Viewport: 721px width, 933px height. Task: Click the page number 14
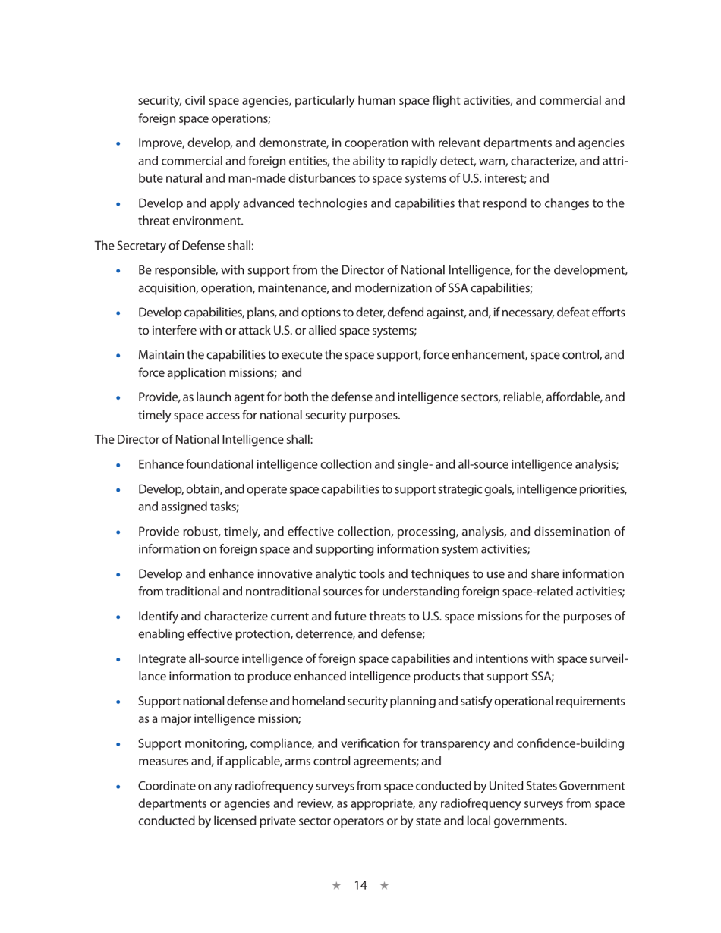coord(360,885)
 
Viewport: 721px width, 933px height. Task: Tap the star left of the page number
coord(336,885)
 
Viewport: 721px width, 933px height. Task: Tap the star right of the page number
coord(384,885)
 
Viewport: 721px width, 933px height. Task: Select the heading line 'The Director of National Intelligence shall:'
coord(203,439)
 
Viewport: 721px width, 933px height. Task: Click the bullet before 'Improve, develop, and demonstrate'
coord(118,143)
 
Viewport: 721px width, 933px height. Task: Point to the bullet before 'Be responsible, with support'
coord(118,271)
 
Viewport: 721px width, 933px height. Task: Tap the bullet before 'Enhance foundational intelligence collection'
coord(118,465)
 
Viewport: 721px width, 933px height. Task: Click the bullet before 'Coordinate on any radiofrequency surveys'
coord(118,787)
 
